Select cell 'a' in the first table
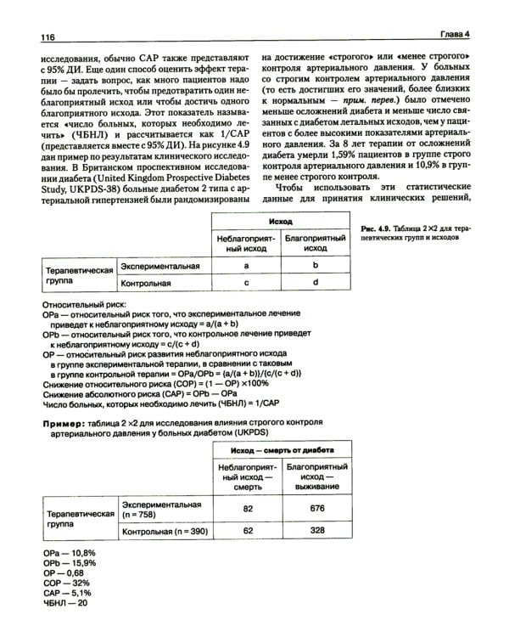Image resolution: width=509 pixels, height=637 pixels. (244, 266)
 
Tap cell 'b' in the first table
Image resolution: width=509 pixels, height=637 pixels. (315, 266)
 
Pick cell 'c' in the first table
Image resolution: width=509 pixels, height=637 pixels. (244, 282)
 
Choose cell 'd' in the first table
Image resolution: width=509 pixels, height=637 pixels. (315, 282)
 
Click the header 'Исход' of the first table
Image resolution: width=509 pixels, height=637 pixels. (279, 220)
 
